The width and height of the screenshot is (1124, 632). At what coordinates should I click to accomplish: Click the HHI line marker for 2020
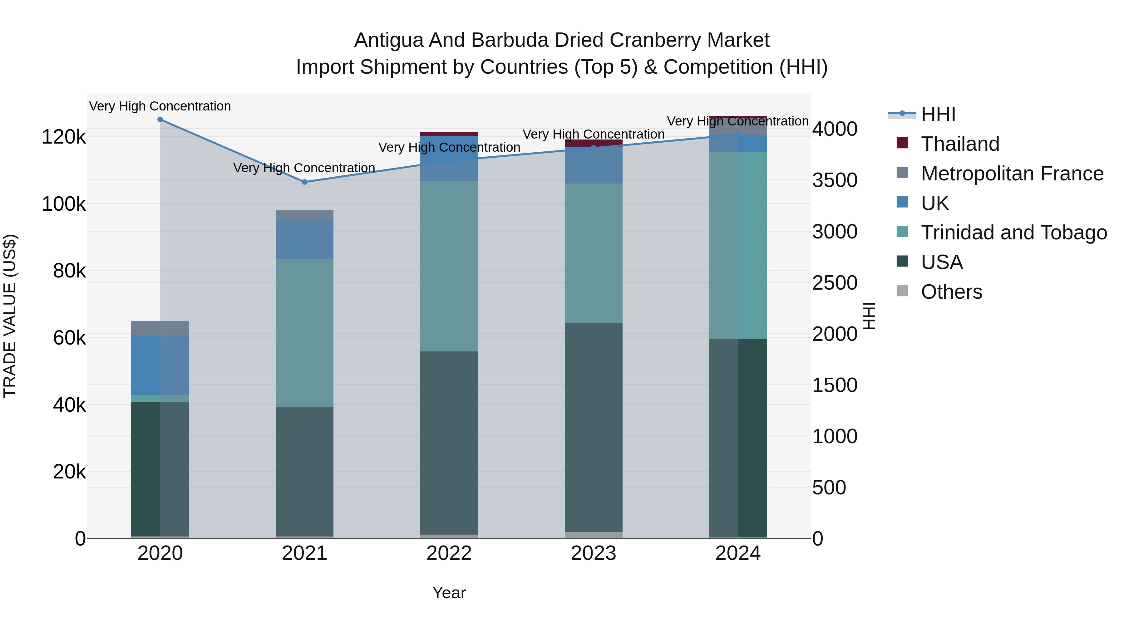[160, 120]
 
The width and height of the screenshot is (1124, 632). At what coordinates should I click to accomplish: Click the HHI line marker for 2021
[304, 182]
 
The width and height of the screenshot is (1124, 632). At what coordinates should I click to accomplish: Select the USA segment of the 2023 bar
[594, 428]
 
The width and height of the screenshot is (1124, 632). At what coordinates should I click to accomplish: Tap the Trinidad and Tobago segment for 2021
[304, 333]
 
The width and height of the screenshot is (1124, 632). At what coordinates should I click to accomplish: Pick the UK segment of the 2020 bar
[160, 365]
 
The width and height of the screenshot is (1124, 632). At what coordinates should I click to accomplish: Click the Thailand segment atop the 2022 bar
[449, 134]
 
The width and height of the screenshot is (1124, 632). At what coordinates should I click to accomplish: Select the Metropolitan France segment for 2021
[304, 215]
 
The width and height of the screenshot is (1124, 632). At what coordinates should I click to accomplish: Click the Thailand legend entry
[960, 144]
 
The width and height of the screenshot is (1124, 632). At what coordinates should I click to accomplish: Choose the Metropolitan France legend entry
[1012, 174]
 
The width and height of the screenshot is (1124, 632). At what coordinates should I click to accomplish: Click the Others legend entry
[951, 292]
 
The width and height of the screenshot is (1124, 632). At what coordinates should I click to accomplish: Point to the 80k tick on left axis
[69, 271]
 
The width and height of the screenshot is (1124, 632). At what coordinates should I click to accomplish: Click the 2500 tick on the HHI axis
[835, 283]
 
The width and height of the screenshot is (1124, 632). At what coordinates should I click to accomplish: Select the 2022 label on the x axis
[449, 553]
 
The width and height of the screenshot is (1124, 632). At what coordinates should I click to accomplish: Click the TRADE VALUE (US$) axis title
[10, 316]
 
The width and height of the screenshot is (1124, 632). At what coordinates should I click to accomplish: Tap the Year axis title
[449, 593]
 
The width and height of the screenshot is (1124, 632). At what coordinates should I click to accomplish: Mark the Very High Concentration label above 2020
[160, 106]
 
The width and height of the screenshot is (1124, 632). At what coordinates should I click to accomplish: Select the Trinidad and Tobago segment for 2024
[738, 245]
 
